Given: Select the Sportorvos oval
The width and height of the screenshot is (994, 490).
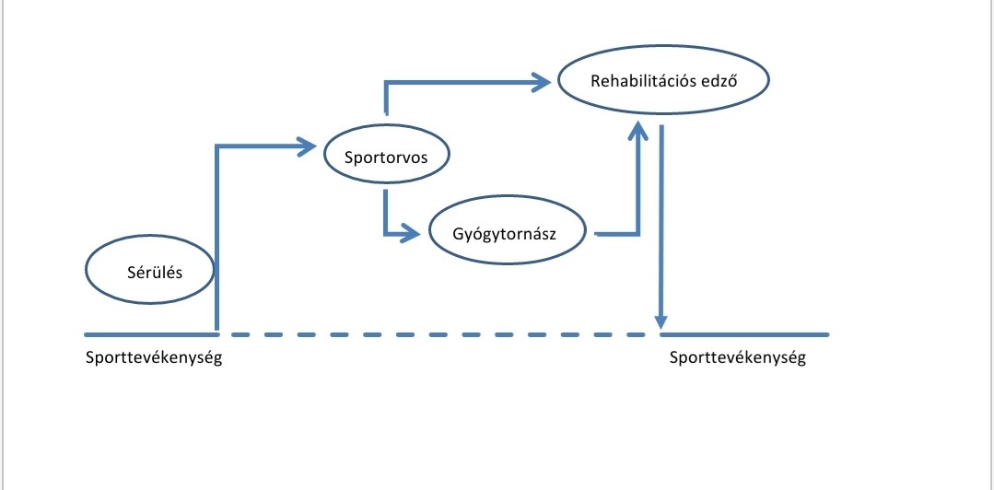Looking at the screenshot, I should tap(387, 156).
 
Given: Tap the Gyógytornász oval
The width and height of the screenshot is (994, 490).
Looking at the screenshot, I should tap(507, 233).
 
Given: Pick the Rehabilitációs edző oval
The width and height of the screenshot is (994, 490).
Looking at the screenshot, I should tap(663, 80).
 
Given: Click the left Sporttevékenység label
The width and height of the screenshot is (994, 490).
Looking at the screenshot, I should tap(154, 358).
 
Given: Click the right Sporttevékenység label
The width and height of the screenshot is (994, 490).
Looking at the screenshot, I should tap(738, 358).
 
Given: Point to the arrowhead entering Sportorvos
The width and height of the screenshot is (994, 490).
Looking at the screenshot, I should tap(309, 145).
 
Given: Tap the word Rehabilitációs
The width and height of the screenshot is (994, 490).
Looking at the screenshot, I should tap(643, 80).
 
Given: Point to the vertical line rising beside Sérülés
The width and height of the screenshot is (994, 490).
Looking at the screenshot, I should tap(216, 239).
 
